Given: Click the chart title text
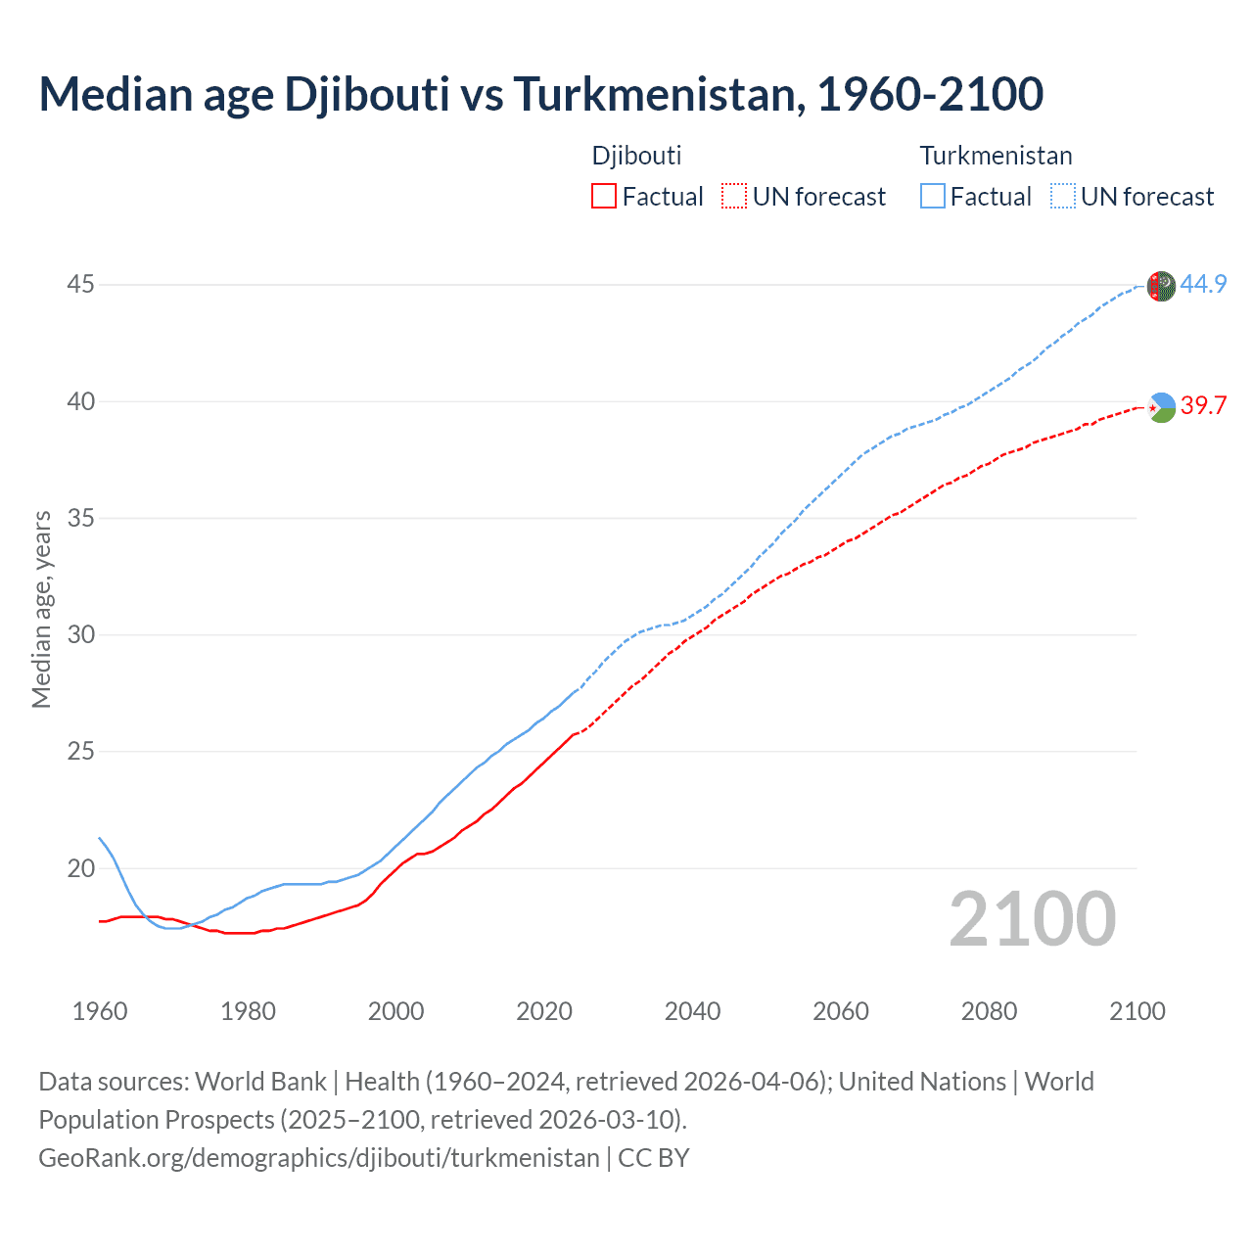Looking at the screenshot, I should [x=540, y=94].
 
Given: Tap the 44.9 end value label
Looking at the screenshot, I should [x=1203, y=285].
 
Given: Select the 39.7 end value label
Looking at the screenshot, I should [x=1203, y=405].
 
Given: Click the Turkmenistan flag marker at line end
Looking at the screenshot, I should [x=1161, y=286].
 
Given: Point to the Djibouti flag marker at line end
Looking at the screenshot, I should [x=1161, y=406].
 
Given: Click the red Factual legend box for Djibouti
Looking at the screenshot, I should [x=604, y=197].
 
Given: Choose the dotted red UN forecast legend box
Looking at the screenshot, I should [x=734, y=197].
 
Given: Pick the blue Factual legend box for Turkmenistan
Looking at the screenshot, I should [x=932, y=197].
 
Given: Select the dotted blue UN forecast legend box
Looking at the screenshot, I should [x=1062, y=197].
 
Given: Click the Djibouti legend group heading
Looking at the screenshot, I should [x=636, y=156].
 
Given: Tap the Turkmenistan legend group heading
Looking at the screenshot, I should [x=996, y=156].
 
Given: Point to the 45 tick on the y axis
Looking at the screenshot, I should [x=81, y=285].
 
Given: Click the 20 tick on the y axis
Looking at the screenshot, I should [x=81, y=868].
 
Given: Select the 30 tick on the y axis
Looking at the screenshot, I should [x=81, y=635].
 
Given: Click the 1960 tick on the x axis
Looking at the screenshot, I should [x=100, y=1011].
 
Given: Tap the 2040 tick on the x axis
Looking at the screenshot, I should [x=692, y=1011].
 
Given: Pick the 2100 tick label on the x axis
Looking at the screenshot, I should [x=1137, y=1011].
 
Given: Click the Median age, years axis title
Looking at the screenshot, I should [x=41, y=609].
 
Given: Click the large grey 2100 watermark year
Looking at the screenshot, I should [x=1032, y=919].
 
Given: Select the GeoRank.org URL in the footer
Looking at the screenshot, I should [x=319, y=1158].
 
